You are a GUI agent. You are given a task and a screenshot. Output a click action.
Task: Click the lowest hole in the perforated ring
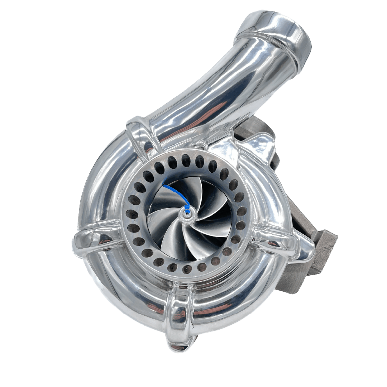click(187, 268)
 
